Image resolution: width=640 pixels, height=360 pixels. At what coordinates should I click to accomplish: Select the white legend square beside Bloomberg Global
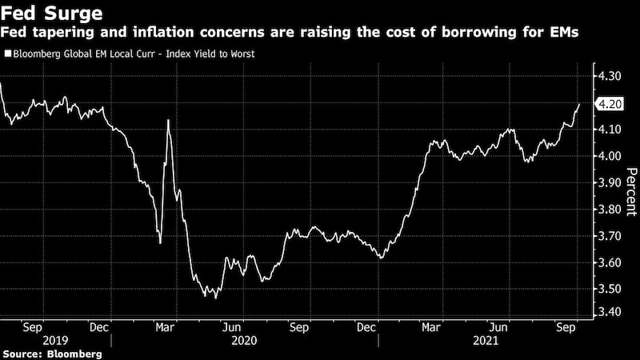6,54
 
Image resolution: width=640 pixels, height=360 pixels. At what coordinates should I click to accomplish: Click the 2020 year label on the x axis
243,341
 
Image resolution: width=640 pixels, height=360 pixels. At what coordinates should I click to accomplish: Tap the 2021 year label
486,341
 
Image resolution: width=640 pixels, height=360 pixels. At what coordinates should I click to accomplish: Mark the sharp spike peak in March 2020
168,120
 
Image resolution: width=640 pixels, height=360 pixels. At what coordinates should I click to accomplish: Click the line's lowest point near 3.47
214,298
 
